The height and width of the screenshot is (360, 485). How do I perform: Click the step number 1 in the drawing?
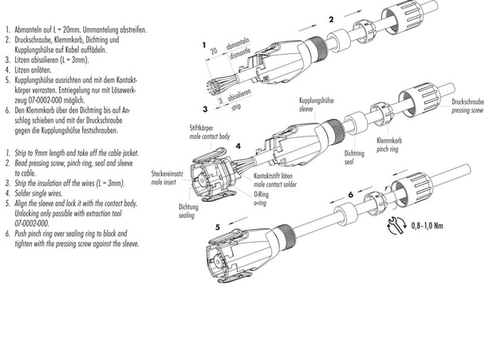click(204, 45)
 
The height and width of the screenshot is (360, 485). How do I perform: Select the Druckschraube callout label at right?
click(468, 103)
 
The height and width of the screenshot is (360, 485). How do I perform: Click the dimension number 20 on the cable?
click(213, 50)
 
